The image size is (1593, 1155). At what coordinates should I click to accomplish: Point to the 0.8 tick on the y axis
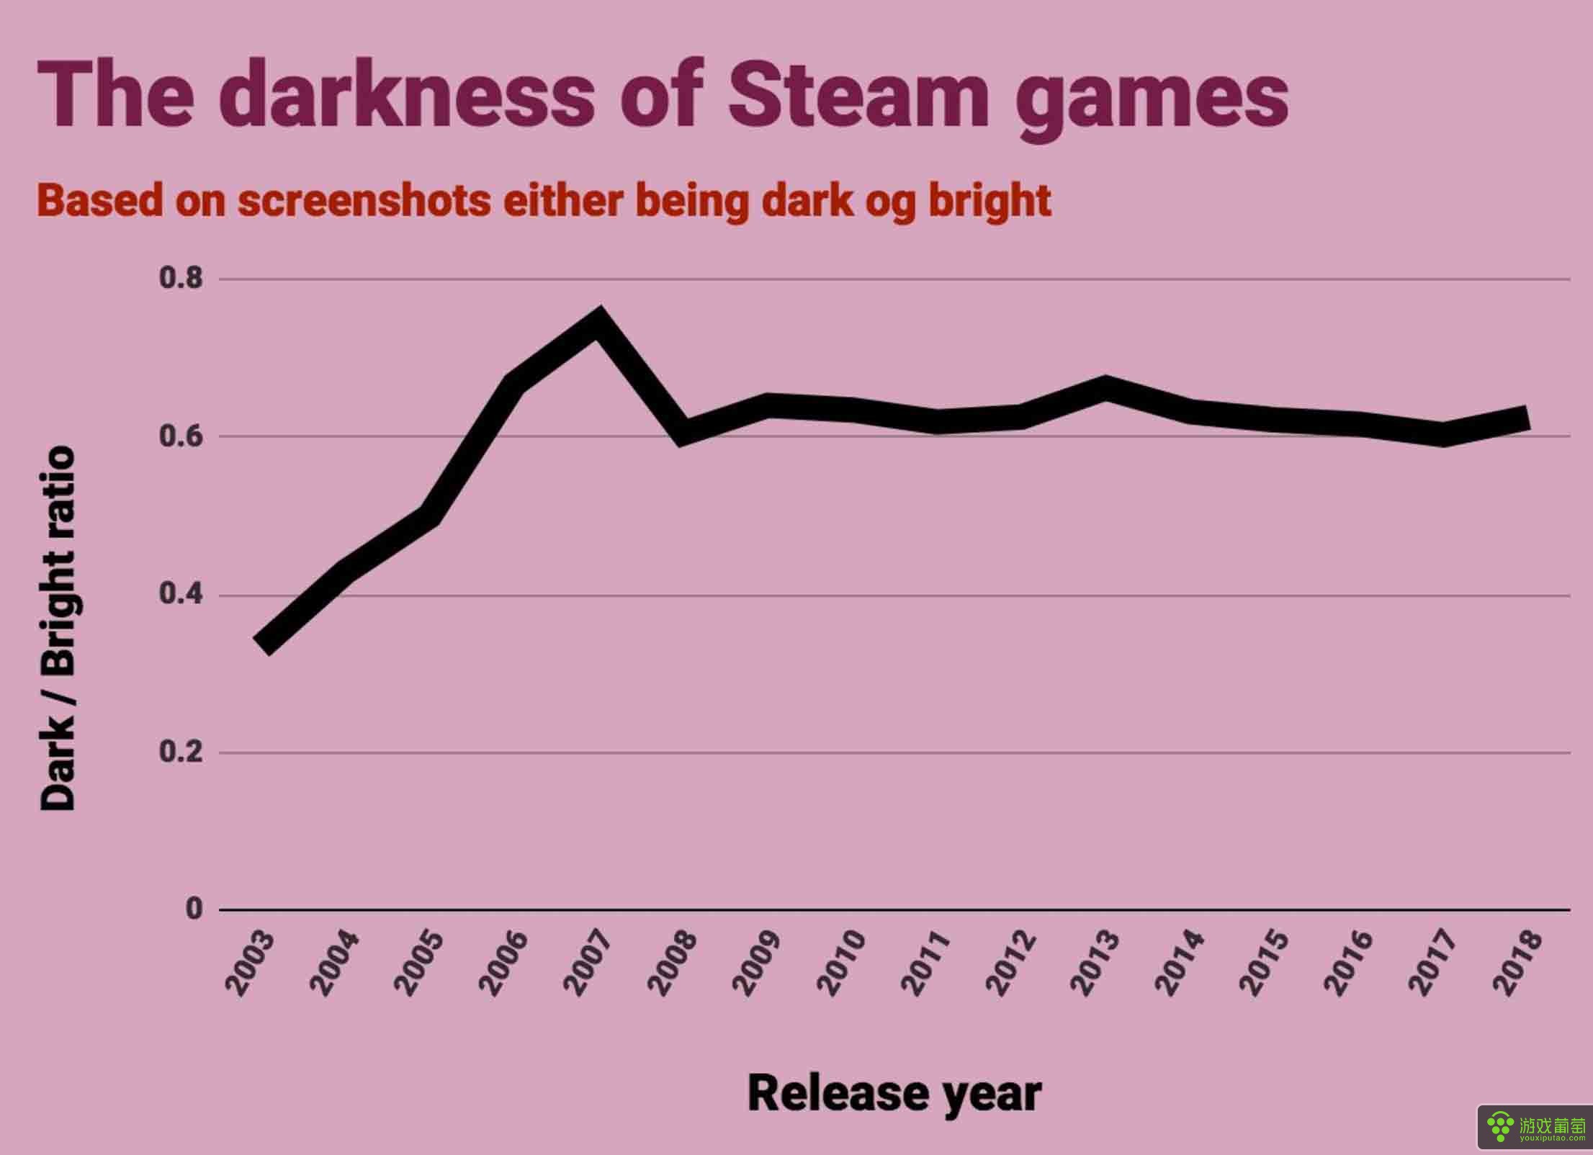[x=181, y=278]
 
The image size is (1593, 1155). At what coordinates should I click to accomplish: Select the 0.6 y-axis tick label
[x=181, y=436]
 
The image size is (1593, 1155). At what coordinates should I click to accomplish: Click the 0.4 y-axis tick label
[x=181, y=596]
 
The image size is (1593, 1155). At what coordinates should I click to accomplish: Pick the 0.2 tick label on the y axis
[x=181, y=752]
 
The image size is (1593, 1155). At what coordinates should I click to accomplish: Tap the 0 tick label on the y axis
[x=194, y=909]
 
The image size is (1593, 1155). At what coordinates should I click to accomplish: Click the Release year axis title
[x=894, y=1094]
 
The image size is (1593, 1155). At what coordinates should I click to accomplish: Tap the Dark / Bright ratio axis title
[x=58, y=628]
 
